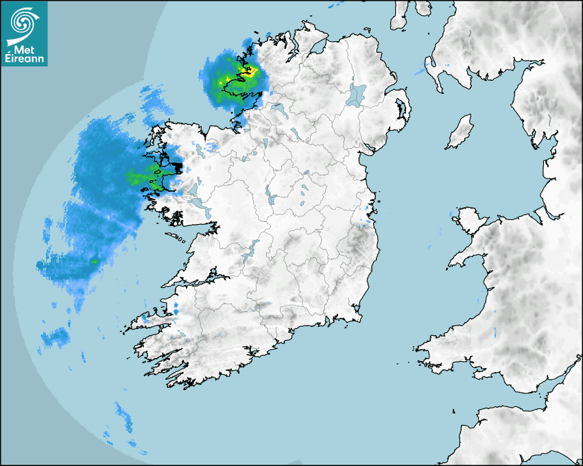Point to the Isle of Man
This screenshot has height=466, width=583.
[460, 132]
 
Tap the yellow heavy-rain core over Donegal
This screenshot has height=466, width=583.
[247, 71]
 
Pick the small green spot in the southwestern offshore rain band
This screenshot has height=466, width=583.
[94, 261]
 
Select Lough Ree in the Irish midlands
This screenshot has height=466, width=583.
[272, 199]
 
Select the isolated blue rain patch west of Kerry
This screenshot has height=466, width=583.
[55, 336]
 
